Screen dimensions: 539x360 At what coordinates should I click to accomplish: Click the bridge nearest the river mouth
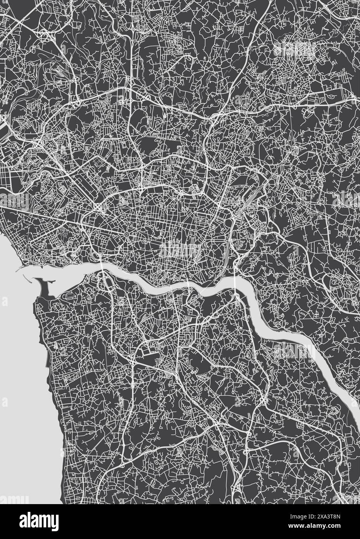click(x=101, y=268)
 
